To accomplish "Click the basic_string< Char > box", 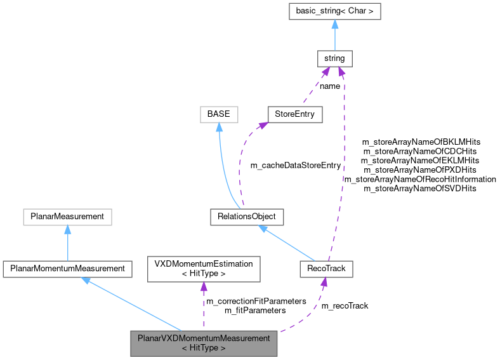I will point(334,11).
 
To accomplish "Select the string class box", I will point(334,58).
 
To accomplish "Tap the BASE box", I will point(218,115).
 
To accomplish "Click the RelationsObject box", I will point(247,217).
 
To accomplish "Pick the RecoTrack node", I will point(326,269).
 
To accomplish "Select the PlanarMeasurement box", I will point(67,217).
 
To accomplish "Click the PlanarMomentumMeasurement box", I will point(67,269).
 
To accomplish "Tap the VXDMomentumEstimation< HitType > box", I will point(204,269).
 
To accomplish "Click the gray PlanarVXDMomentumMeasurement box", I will point(204,343).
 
